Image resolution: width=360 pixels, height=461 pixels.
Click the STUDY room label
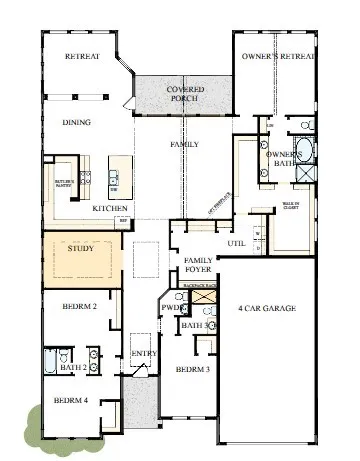pos(80,249)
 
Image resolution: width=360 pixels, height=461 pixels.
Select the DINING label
pos(77,123)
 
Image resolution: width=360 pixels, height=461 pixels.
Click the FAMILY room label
pos(186,145)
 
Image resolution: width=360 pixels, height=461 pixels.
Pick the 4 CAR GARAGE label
pos(268,309)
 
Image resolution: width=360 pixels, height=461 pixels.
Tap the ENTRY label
pos(144,353)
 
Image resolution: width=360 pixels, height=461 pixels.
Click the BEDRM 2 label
pos(78,307)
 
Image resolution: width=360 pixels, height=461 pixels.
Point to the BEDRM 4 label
pos(72,401)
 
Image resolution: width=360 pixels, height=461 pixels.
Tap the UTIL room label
pos(236,242)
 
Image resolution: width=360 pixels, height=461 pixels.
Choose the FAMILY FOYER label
pos(199,265)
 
